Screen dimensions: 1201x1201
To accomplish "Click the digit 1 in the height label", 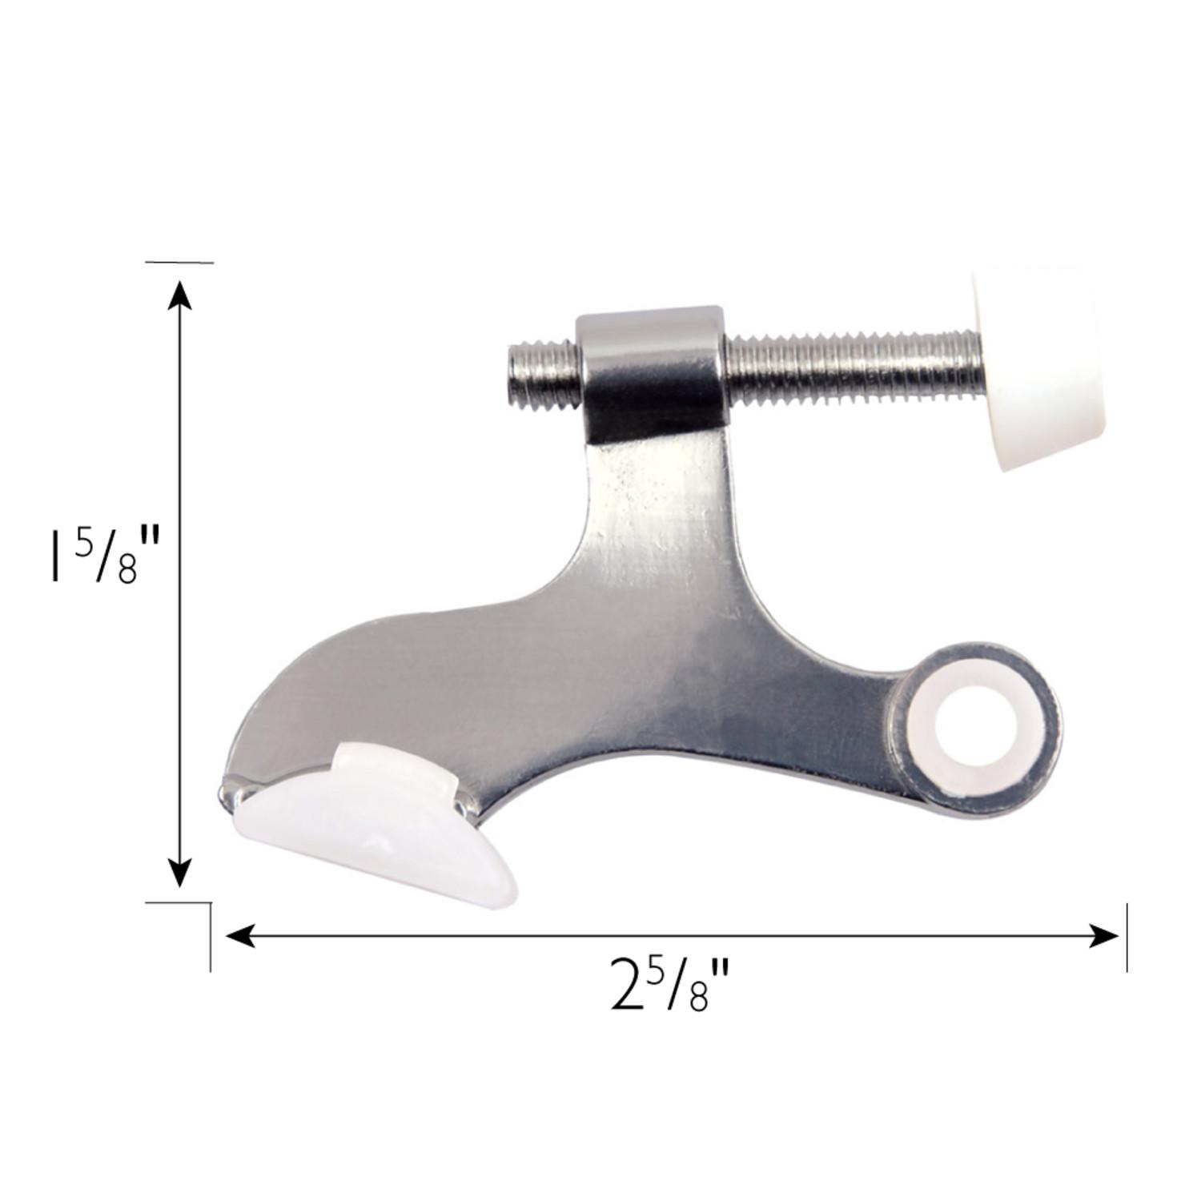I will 55,552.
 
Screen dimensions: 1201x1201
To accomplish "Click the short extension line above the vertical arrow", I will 179,262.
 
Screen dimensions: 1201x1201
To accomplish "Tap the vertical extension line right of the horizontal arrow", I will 1127,937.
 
